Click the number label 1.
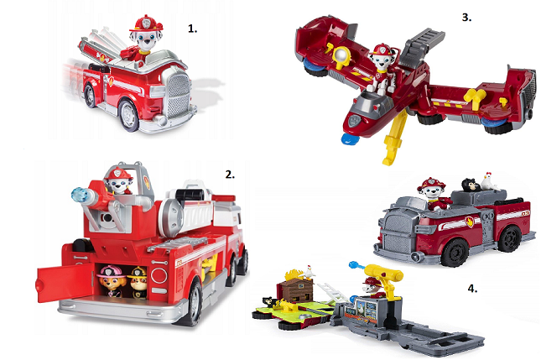click(x=193, y=29)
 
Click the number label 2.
click(x=230, y=175)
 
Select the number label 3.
click(x=466, y=18)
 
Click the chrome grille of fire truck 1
click(x=178, y=92)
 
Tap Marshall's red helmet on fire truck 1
click(x=146, y=23)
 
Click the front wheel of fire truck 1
click(x=129, y=115)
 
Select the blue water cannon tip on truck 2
click(x=81, y=195)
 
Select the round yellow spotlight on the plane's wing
click(x=342, y=55)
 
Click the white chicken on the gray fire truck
click(x=491, y=181)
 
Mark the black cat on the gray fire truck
click(x=469, y=185)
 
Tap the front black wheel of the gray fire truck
click(x=455, y=253)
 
